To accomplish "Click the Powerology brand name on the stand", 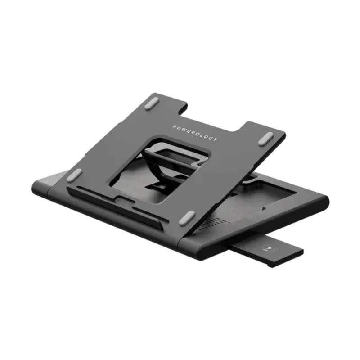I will point(194,133).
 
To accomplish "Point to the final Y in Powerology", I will point(216,139).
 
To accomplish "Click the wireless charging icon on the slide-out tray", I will point(274,247).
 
